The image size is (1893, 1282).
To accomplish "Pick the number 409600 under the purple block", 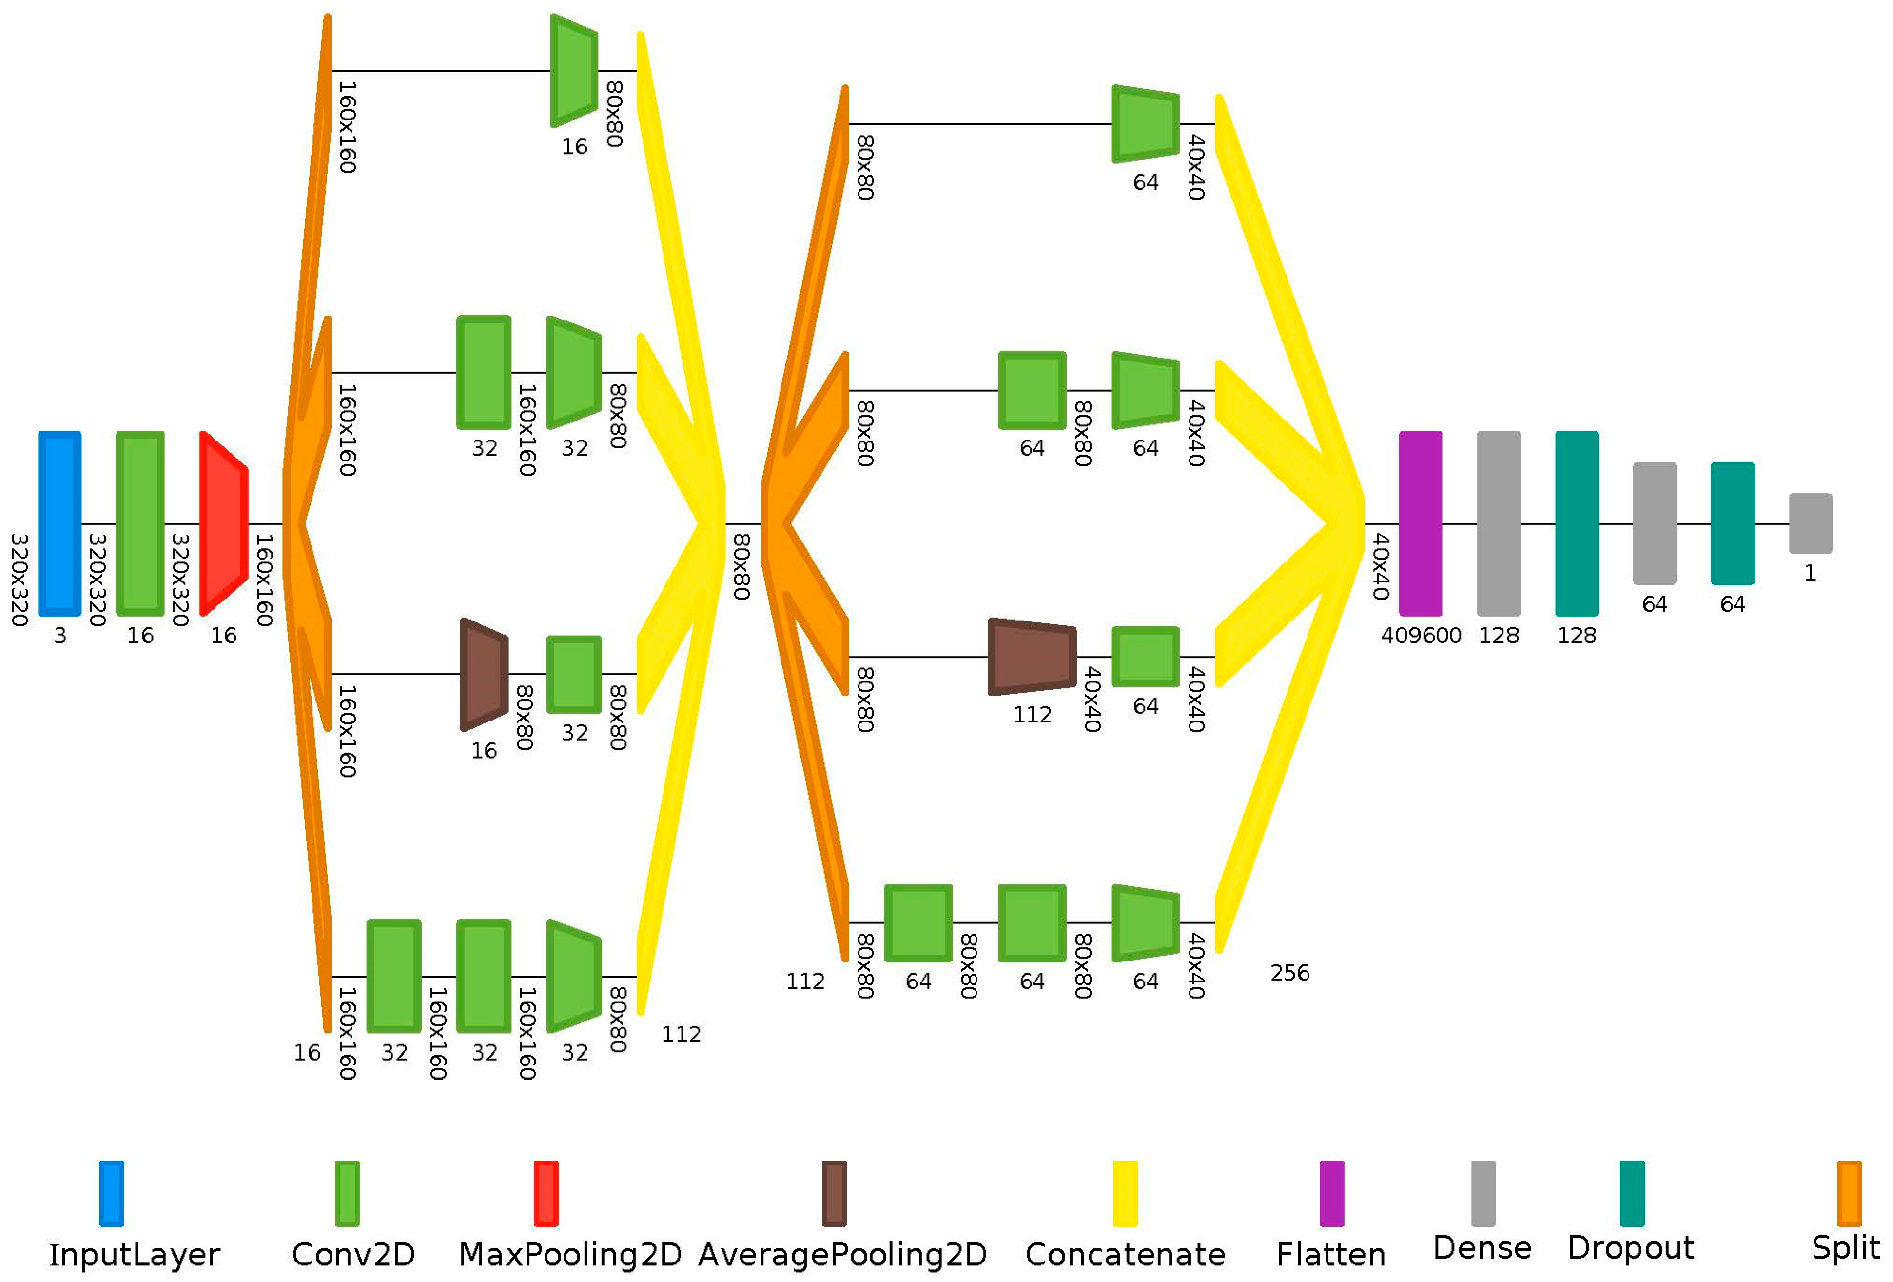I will [1421, 635].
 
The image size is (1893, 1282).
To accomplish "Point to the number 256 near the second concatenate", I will [1289, 972].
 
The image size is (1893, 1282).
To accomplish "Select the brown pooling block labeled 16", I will [484, 674].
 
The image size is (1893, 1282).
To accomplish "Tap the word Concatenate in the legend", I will [1125, 1254].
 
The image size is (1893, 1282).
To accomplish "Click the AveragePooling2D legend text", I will [842, 1254].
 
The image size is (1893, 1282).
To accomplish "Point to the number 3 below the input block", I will [59, 635].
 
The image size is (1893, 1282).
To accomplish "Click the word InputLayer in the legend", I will [135, 1254].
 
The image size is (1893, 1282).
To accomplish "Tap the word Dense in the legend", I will [1482, 1248].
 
